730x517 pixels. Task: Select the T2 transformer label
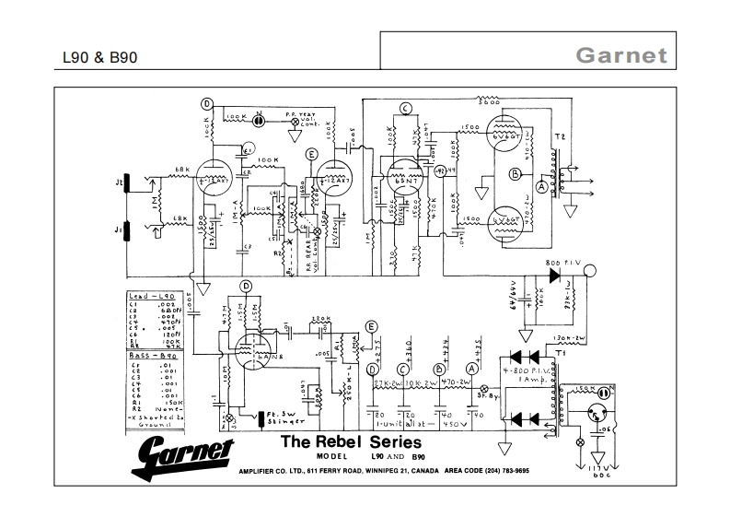pyautogui.click(x=557, y=137)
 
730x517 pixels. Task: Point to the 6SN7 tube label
pyautogui.click(x=402, y=182)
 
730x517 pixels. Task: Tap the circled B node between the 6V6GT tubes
pyautogui.click(x=516, y=173)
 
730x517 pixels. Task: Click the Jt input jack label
pyautogui.click(x=118, y=184)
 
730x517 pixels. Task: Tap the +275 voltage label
pyautogui.click(x=378, y=338)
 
